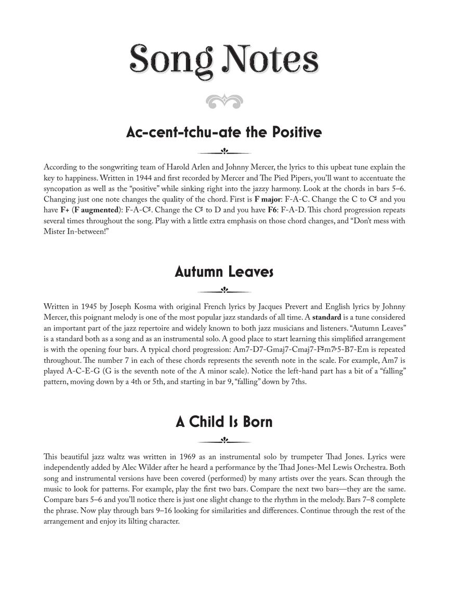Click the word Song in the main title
click(x=171, y=60)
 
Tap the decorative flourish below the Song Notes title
click(x=224, y=101)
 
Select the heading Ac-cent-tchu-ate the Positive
click(x=224, y=132)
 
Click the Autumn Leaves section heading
click(x=224, y=271)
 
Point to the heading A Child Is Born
click(x=224, y=422)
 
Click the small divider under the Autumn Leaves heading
click(x=224, y=290)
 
